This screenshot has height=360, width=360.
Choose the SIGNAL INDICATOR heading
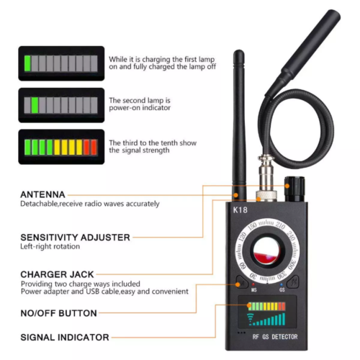point(65,337)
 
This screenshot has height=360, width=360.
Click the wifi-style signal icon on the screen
point(252,317)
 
